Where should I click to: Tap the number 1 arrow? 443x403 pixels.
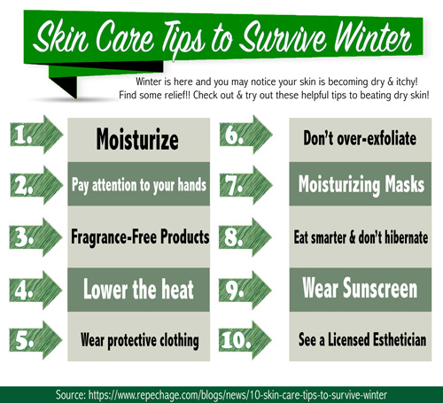coord(36,135)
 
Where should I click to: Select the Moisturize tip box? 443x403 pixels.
coord(138,140)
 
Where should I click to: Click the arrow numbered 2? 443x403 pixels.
coord(36,185)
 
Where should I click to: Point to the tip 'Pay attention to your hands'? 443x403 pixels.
coord(138,183)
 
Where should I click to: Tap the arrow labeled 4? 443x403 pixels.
coord(36,291)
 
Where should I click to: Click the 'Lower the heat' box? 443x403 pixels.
coord(138,290)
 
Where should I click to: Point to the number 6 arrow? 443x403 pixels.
coord(245,135)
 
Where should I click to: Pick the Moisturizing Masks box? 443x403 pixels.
coord(360,183)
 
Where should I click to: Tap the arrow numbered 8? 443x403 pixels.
coord(245,237)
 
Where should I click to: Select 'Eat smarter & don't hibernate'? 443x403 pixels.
coord(360,236)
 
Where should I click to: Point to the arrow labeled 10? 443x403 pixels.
coord(245,340)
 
